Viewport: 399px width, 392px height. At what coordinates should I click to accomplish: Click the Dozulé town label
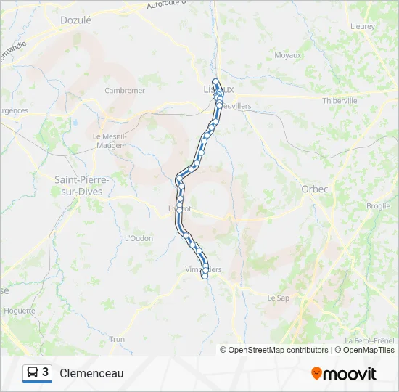point(76,20)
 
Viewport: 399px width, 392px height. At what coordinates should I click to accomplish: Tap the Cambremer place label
point(125,91)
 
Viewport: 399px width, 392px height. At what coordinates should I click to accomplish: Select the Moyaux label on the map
point(288,54)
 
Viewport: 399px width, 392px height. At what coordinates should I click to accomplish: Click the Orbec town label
point(315,189)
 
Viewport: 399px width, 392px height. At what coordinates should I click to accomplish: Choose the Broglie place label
point(378,206)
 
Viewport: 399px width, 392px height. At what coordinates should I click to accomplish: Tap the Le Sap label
point(279,298)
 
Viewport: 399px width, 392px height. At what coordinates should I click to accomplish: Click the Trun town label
point(116,339)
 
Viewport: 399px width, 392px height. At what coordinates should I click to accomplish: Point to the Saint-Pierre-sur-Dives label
point(82,185)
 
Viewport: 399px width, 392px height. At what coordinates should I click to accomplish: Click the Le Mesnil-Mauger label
point(110,140)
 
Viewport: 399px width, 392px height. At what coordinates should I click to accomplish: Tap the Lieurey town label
point(362,26)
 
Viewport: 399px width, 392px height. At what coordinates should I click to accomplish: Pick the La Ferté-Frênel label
point(369,340)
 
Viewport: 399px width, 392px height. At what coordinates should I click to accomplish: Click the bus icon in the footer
point(33,373)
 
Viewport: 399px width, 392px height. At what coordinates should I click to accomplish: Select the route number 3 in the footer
point(46,372)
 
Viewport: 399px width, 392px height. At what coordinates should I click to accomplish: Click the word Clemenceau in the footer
point(91,373)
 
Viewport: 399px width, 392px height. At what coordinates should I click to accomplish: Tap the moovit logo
point(344,374)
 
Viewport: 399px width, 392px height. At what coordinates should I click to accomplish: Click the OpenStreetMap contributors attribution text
point(278,350)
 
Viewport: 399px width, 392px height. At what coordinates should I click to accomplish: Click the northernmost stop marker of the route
point(215,81)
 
